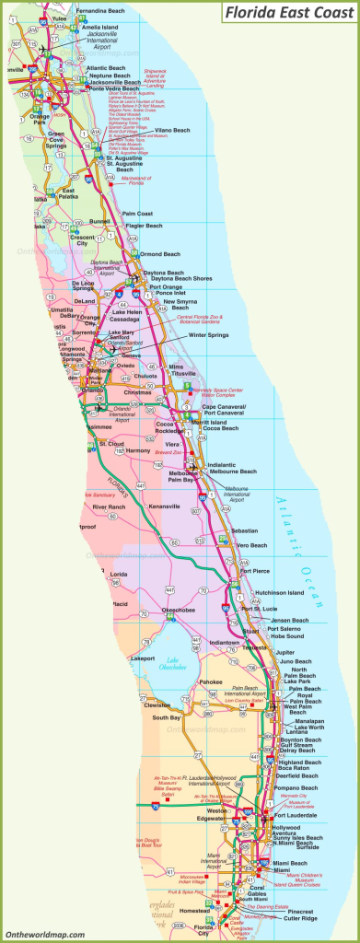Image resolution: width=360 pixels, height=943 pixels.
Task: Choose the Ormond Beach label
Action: pos(160,253)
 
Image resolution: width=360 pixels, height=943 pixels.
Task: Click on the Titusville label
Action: pos(184,373)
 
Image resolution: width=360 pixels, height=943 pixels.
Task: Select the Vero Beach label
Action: pos(251,544)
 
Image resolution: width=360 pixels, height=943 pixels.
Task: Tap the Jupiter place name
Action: pos(285,652)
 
